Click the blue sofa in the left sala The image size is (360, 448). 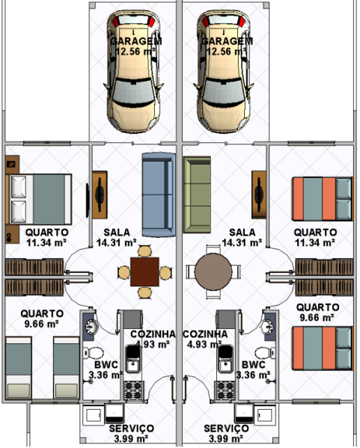click(x=159, y=194)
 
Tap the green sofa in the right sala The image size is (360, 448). click(x=197, y=194)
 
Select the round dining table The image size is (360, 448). click(x=213, y=271)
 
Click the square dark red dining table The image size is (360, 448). click(x=144, y=271)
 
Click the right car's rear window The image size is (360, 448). click(x=224, y=20)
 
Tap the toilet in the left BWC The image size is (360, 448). click(x=94, y=353)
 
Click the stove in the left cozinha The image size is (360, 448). click(x=133, y=390)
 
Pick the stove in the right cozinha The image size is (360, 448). click(x=225, y=390)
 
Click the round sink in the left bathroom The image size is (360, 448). click(x=92, y=326)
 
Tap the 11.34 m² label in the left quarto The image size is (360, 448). click(x=46, y=243)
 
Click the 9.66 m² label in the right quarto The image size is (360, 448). click(x=317, y=317)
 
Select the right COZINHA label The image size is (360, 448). click(x=205, y=334)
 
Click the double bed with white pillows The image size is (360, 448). click(x=38, y=199)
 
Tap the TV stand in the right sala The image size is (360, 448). click(x=259, y=195)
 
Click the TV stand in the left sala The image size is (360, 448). click(x=100, y=195)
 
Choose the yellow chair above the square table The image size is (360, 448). click(x=144, y=251)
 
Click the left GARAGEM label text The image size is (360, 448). click(x=136, y=41)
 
